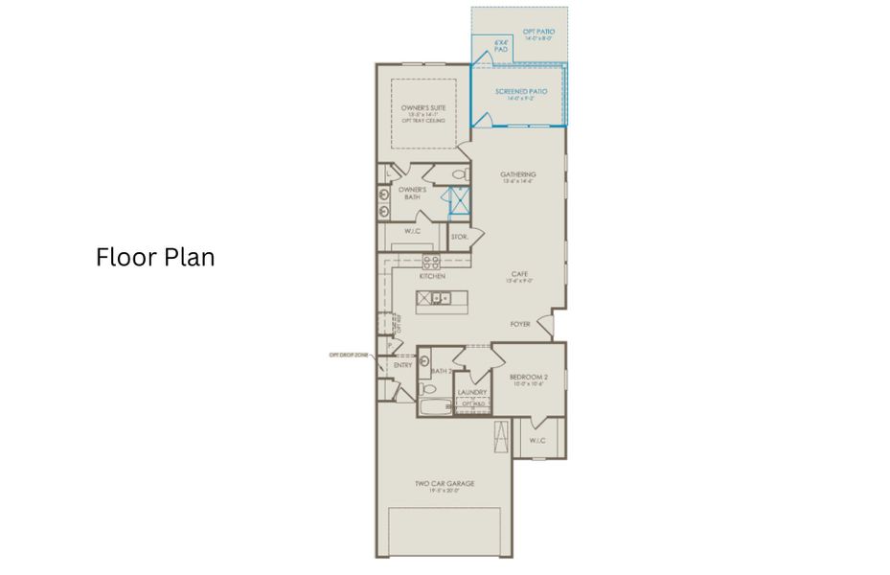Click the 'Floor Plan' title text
[x=155, y=258]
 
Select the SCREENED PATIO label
[x=521, y=92]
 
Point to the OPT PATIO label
[x=538, y=34]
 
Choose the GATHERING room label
[x=518, y=174]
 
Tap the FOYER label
[x=520, y=324]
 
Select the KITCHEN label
[x=432, y=276]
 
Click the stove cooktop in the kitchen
[x=431, y=261]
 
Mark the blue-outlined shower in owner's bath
[x=460, y=202]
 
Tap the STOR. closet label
[x=459, y=236]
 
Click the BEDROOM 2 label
[x=528, y=378]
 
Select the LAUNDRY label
[x=472, y=392]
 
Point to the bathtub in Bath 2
[x=436, y=409]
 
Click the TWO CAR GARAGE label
[x=445, y=484]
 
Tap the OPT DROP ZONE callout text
[x=349, y=355]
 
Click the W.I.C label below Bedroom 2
[x=537, y=441]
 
